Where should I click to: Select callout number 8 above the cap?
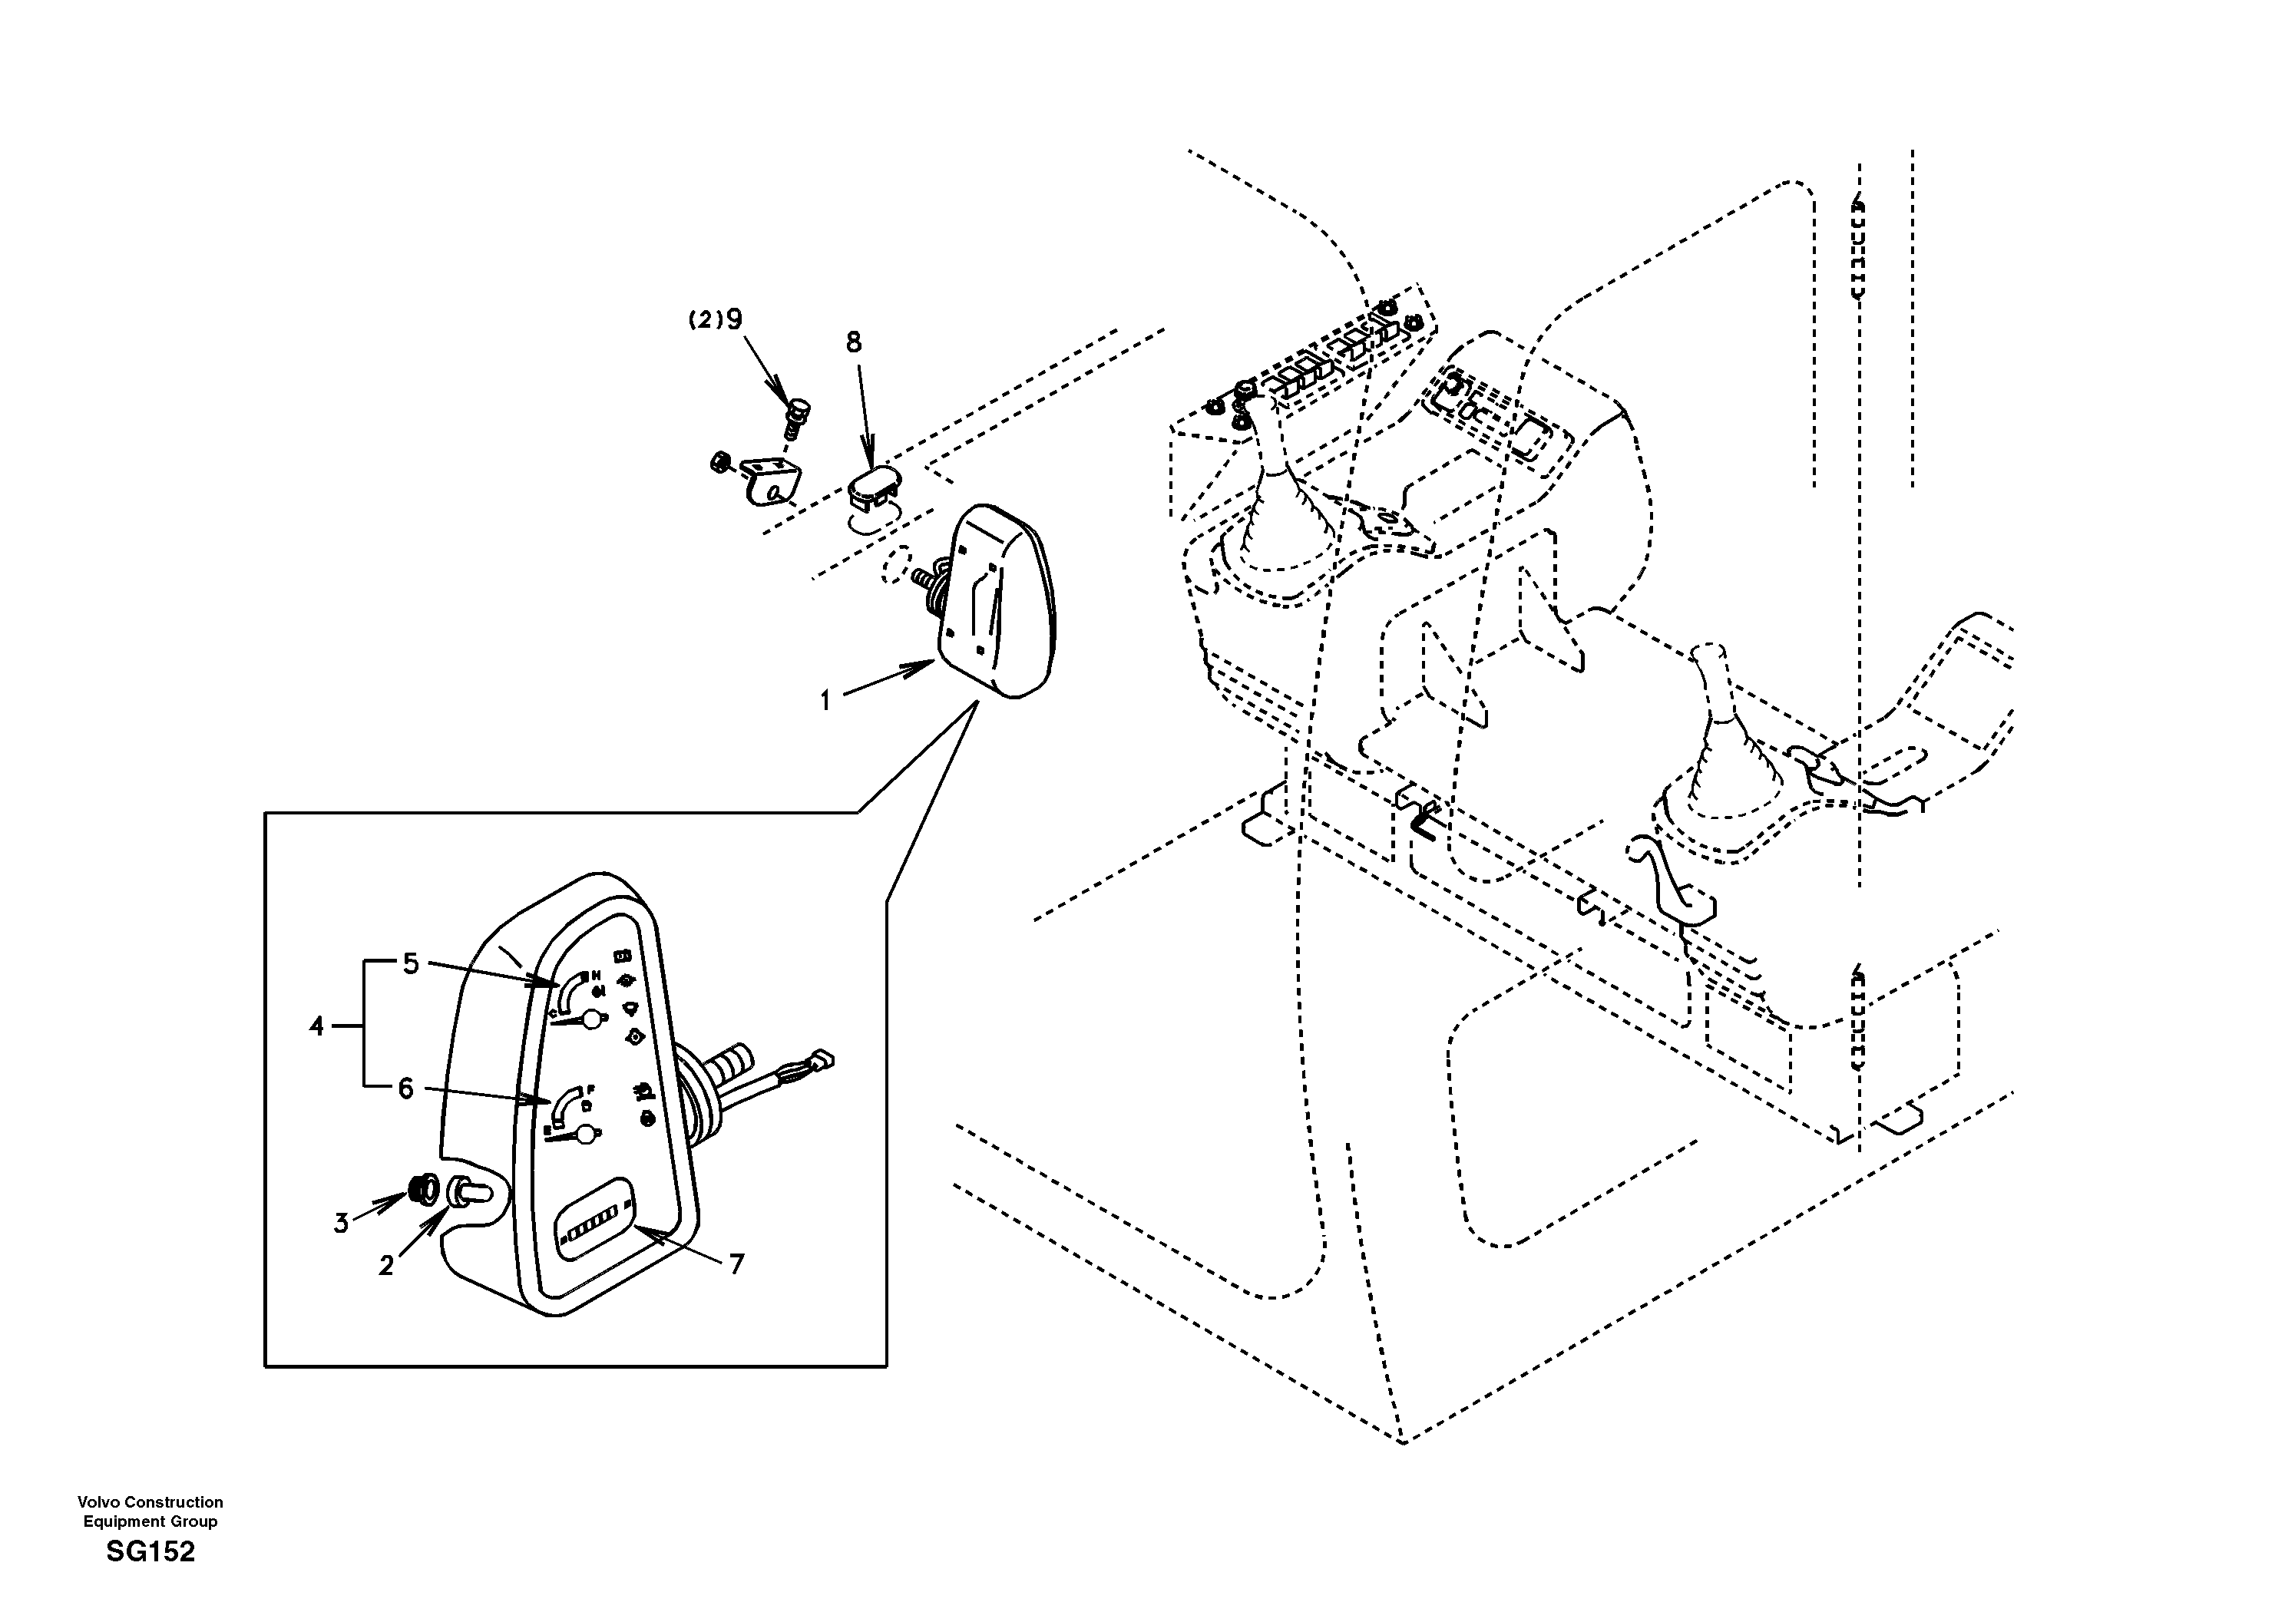(x=854, y=342)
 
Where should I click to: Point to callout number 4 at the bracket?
(x=316, y=1026)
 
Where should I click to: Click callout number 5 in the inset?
(x=410, y=963)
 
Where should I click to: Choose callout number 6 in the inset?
(x=405, y=1088)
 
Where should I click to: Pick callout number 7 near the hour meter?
(x=736, y=1265)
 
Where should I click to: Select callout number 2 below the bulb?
(x=386, y=1265)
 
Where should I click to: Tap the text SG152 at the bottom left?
(x=150, y=1551)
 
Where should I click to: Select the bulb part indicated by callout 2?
(x=468, y=1190)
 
